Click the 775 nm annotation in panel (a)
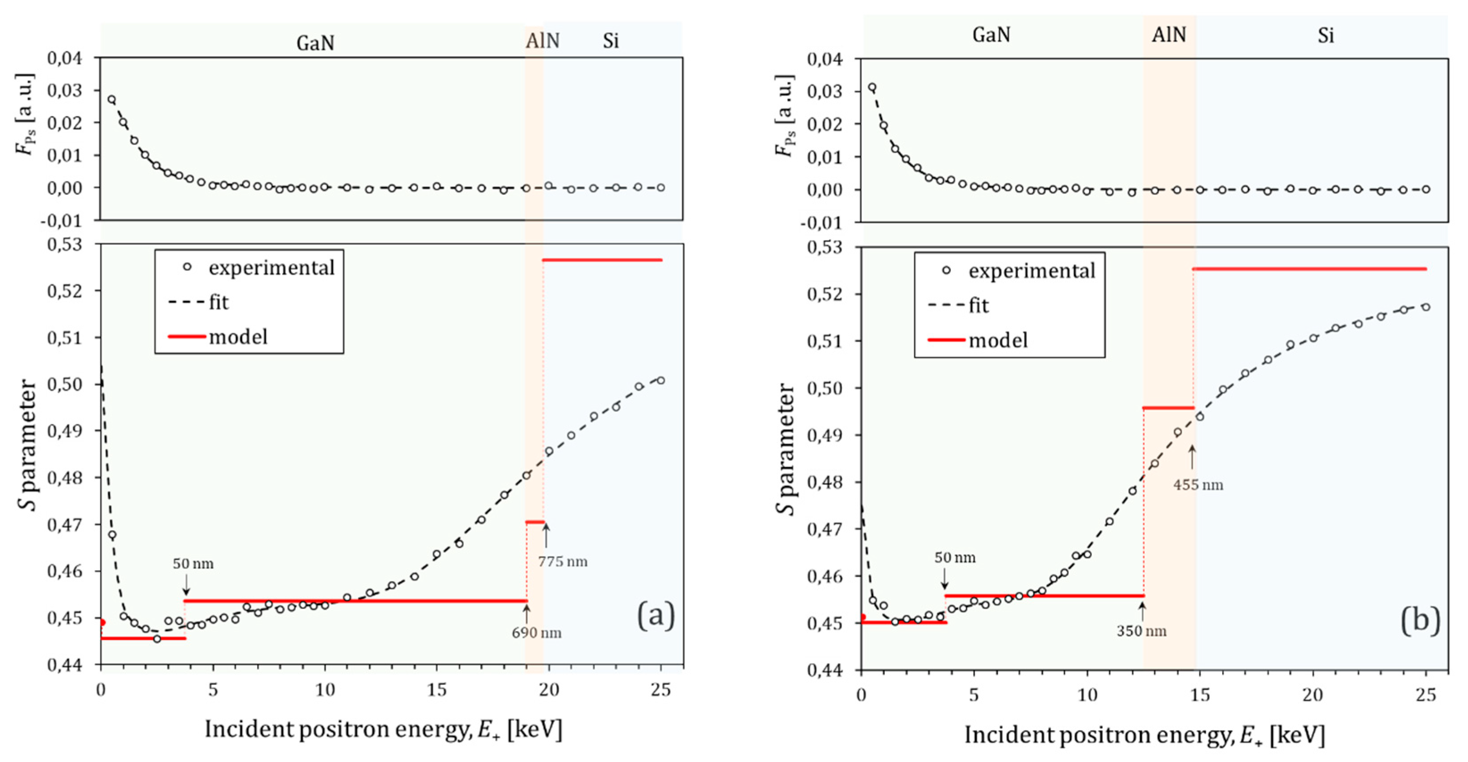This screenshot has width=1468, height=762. pyautogui.click(x=563, y=561)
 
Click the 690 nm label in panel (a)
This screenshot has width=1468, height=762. pyautogui.click(x=536, y=633)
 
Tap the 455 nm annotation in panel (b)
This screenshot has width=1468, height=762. pyautogui.click(x=1198, y=485)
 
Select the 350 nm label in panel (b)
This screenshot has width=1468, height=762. pyautogui.click(x=1141, y=631)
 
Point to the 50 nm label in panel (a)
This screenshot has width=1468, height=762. pyautogui.click(x=193, y=563)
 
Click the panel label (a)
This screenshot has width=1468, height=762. pyautogui.click(x=655, y=616)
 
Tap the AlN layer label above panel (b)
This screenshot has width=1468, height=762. pyautogui.click(x=1169, y=35)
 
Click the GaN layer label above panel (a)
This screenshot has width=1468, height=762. pyautogui.click(x=315, y=43)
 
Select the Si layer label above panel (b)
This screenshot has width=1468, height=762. pyautogui.click(x=1326, y=36)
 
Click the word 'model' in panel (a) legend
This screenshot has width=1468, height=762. pyautogui.click(x=238, y=337)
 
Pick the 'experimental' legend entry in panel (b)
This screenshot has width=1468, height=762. pyautogui.click(x=1032, y=271)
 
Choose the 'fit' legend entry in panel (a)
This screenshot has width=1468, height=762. pyautogui.click(x=219, y=302)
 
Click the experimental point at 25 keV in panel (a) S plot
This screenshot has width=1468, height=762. pyautogui.click(x=660, y=380)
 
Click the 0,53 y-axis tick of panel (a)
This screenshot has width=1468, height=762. pyautogui.click(x=64, y=244)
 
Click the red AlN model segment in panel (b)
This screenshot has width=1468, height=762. pyautogui.click(x=1168, y=408)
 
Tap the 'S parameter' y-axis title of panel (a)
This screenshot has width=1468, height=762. pyautogui.click(x=27, y=444)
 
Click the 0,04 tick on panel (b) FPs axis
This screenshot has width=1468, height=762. pyautogui.click(x=824, y=59)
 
